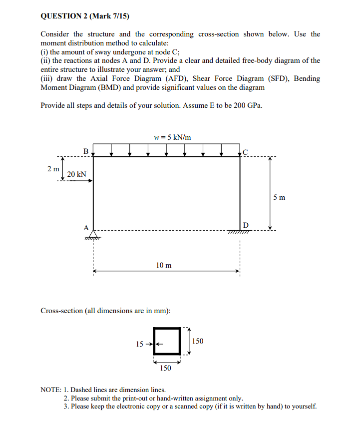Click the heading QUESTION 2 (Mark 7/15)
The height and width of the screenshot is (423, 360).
(84, 16)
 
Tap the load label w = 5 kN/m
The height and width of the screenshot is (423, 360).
(173, 137)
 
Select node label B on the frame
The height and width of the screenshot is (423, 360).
(86, 150)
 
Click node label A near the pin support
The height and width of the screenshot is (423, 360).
(86, 228)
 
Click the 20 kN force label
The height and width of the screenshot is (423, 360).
(77, 174)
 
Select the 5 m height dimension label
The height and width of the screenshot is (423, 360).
(280, 197)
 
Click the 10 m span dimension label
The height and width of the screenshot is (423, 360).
(164, 265)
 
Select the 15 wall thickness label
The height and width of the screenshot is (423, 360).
(140, 344)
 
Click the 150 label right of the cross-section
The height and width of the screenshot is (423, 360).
(198, 341)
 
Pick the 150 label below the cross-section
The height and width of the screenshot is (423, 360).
(166, 368)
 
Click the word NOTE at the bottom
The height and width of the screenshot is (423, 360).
(51, 390)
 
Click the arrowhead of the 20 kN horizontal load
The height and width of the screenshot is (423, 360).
(91, 181)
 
